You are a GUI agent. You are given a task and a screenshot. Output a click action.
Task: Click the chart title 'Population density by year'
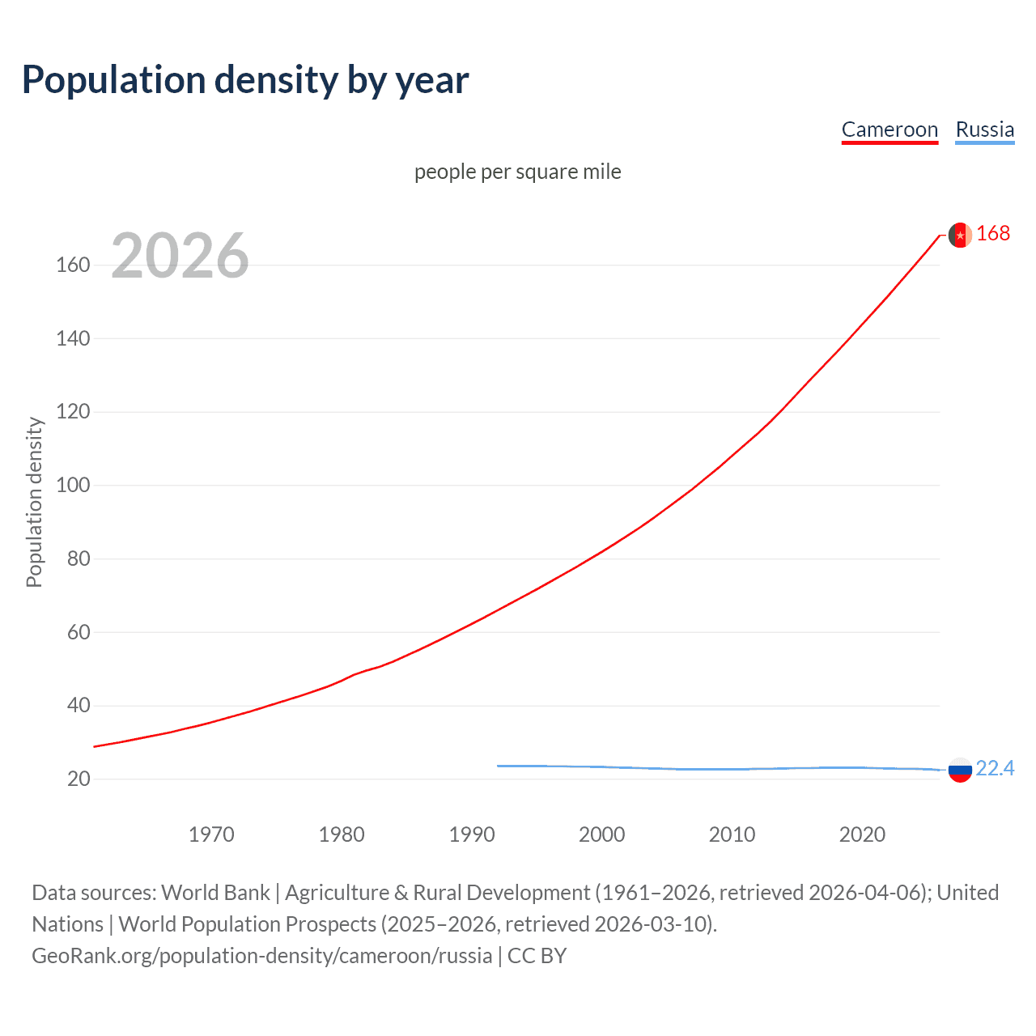coord(245,80)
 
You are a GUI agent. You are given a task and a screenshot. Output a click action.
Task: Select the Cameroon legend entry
coord(890,129)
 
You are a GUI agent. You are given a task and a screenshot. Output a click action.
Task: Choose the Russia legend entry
coord(984,129)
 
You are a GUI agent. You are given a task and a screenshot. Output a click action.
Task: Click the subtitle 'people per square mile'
coord(518,172)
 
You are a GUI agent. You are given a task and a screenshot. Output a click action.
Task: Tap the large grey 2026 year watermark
coord(180,256)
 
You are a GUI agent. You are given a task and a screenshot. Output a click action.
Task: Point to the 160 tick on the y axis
coord(73,265)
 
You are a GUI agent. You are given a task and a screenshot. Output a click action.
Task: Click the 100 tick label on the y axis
coord(73,486)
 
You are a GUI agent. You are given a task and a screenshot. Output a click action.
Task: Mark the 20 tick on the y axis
coord(79,779)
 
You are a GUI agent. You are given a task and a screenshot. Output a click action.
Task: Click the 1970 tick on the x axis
coord(211,834)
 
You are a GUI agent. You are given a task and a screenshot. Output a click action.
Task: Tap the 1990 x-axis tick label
coord(472,834)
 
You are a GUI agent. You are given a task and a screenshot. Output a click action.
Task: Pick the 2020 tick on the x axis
coord(862,834)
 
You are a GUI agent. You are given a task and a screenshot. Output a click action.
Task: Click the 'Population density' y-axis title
coord(34,502)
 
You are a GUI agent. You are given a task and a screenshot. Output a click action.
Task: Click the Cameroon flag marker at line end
coord(960,235)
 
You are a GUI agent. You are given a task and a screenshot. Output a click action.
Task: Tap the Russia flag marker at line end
coord(960,770)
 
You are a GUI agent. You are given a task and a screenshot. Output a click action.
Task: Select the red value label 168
coord(993,234)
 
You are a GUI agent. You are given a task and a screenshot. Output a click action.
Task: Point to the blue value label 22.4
coord(995,768)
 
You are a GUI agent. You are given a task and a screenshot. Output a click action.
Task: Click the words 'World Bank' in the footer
coord(215,893)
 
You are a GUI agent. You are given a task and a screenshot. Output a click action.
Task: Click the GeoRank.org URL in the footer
coord(261,956)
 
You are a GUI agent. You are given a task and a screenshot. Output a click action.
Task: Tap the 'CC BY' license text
coord(537,956)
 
